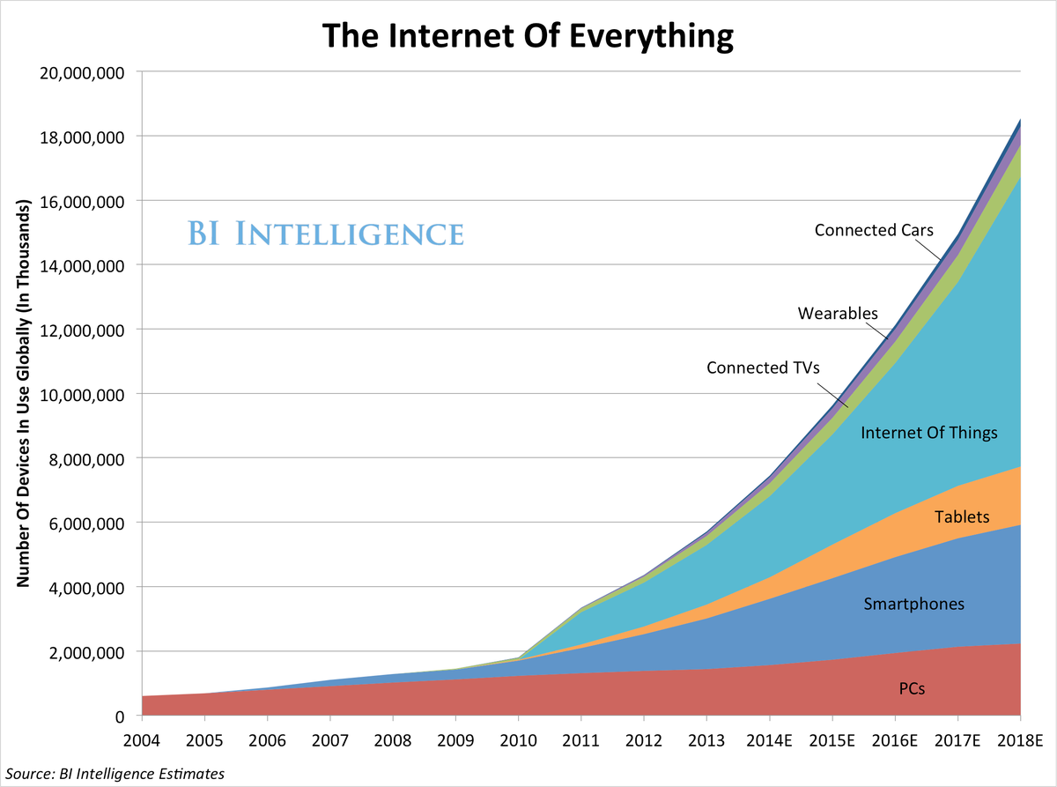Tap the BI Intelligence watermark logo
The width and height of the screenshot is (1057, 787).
pos(325,234)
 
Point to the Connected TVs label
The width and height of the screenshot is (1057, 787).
pos(763,367)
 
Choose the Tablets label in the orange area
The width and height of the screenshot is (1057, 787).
pos(963,516)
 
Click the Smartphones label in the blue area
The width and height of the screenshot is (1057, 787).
pos(913,604)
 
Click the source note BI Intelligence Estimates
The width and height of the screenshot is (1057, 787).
pos(112,774)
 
